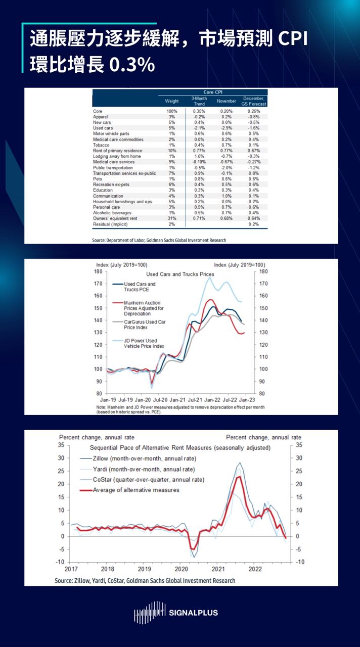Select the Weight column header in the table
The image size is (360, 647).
(x=172, y=101)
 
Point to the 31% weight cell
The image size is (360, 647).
(x=171, y=218)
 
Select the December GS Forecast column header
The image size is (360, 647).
(x=254, y=101)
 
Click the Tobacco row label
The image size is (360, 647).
(x=103, y=145)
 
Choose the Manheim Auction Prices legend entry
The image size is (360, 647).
(x=144, y=308)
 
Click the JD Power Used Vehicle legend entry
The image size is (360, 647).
(x=144, y=344)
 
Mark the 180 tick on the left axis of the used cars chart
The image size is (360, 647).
(x=99, y=271)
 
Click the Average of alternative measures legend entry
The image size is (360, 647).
(x=136, y=490)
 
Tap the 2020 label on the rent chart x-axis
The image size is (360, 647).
(x=181, y=569)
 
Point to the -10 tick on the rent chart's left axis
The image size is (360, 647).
(x=60, y=562)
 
